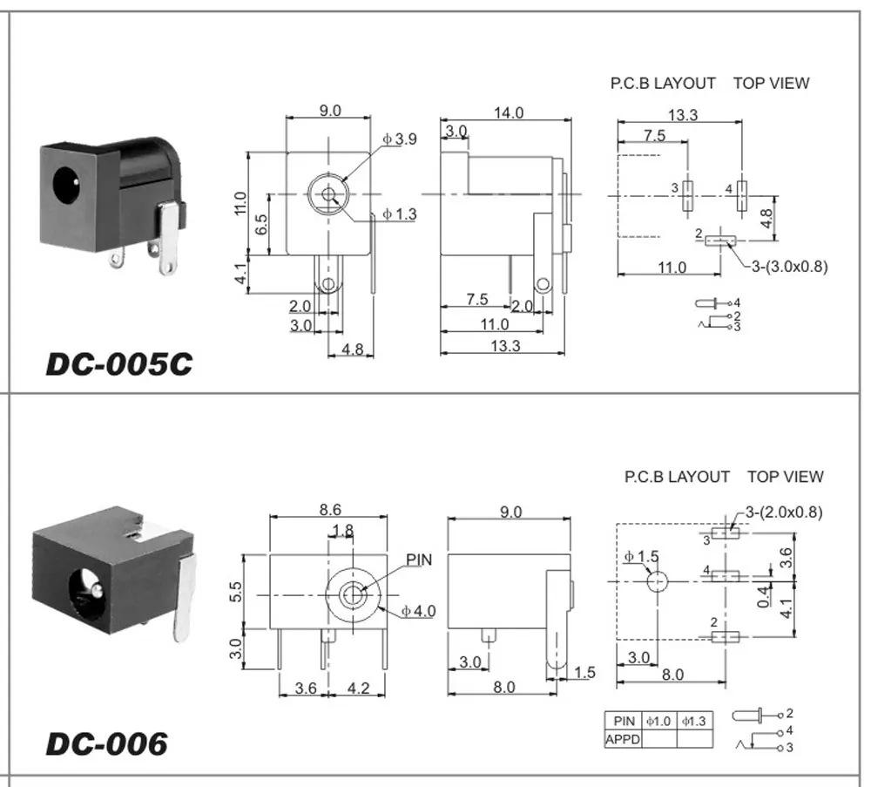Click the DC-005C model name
pos(118,364)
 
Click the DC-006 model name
pos(106,743)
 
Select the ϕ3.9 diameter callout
pos(400,139)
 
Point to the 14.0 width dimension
pos(509,112)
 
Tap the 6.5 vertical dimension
pos(261,225)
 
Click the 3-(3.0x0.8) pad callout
pos(789,266)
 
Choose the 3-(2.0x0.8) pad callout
pos(784,512)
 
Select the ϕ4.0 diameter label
pos(419,611)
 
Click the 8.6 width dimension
pos(330,509)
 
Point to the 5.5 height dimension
pos(235,592)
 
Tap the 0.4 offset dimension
pos(765,596)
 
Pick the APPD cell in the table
pos(623,740)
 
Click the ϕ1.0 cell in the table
pos(658,722)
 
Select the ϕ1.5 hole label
pos(642,556)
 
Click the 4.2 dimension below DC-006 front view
pos(358,688)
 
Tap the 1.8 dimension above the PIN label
pos(342,530)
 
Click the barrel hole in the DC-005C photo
pos(65,184)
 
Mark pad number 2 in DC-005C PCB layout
pos(720,241)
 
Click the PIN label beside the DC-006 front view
pos(419,560)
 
